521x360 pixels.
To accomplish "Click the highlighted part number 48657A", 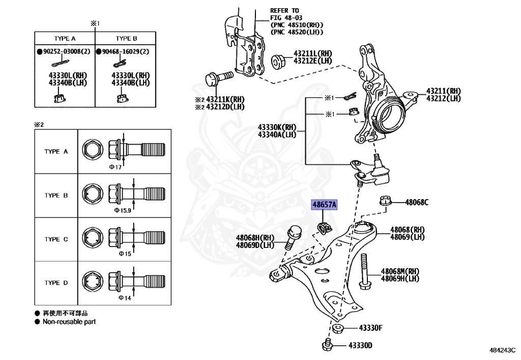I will tap(324, 205).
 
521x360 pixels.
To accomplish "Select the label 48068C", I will tap(417, 203).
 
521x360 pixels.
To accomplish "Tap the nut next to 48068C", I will tap(385, 201).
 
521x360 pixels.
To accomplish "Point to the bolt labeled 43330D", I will tap(328, 345).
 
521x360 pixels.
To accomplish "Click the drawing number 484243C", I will tap(502, 351).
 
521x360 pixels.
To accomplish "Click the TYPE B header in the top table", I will tap(126, 39).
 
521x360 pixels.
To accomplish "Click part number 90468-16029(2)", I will tap(125, 52).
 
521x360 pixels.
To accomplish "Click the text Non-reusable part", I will tap(69, 322).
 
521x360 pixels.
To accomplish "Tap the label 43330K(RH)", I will tap(277, 127).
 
